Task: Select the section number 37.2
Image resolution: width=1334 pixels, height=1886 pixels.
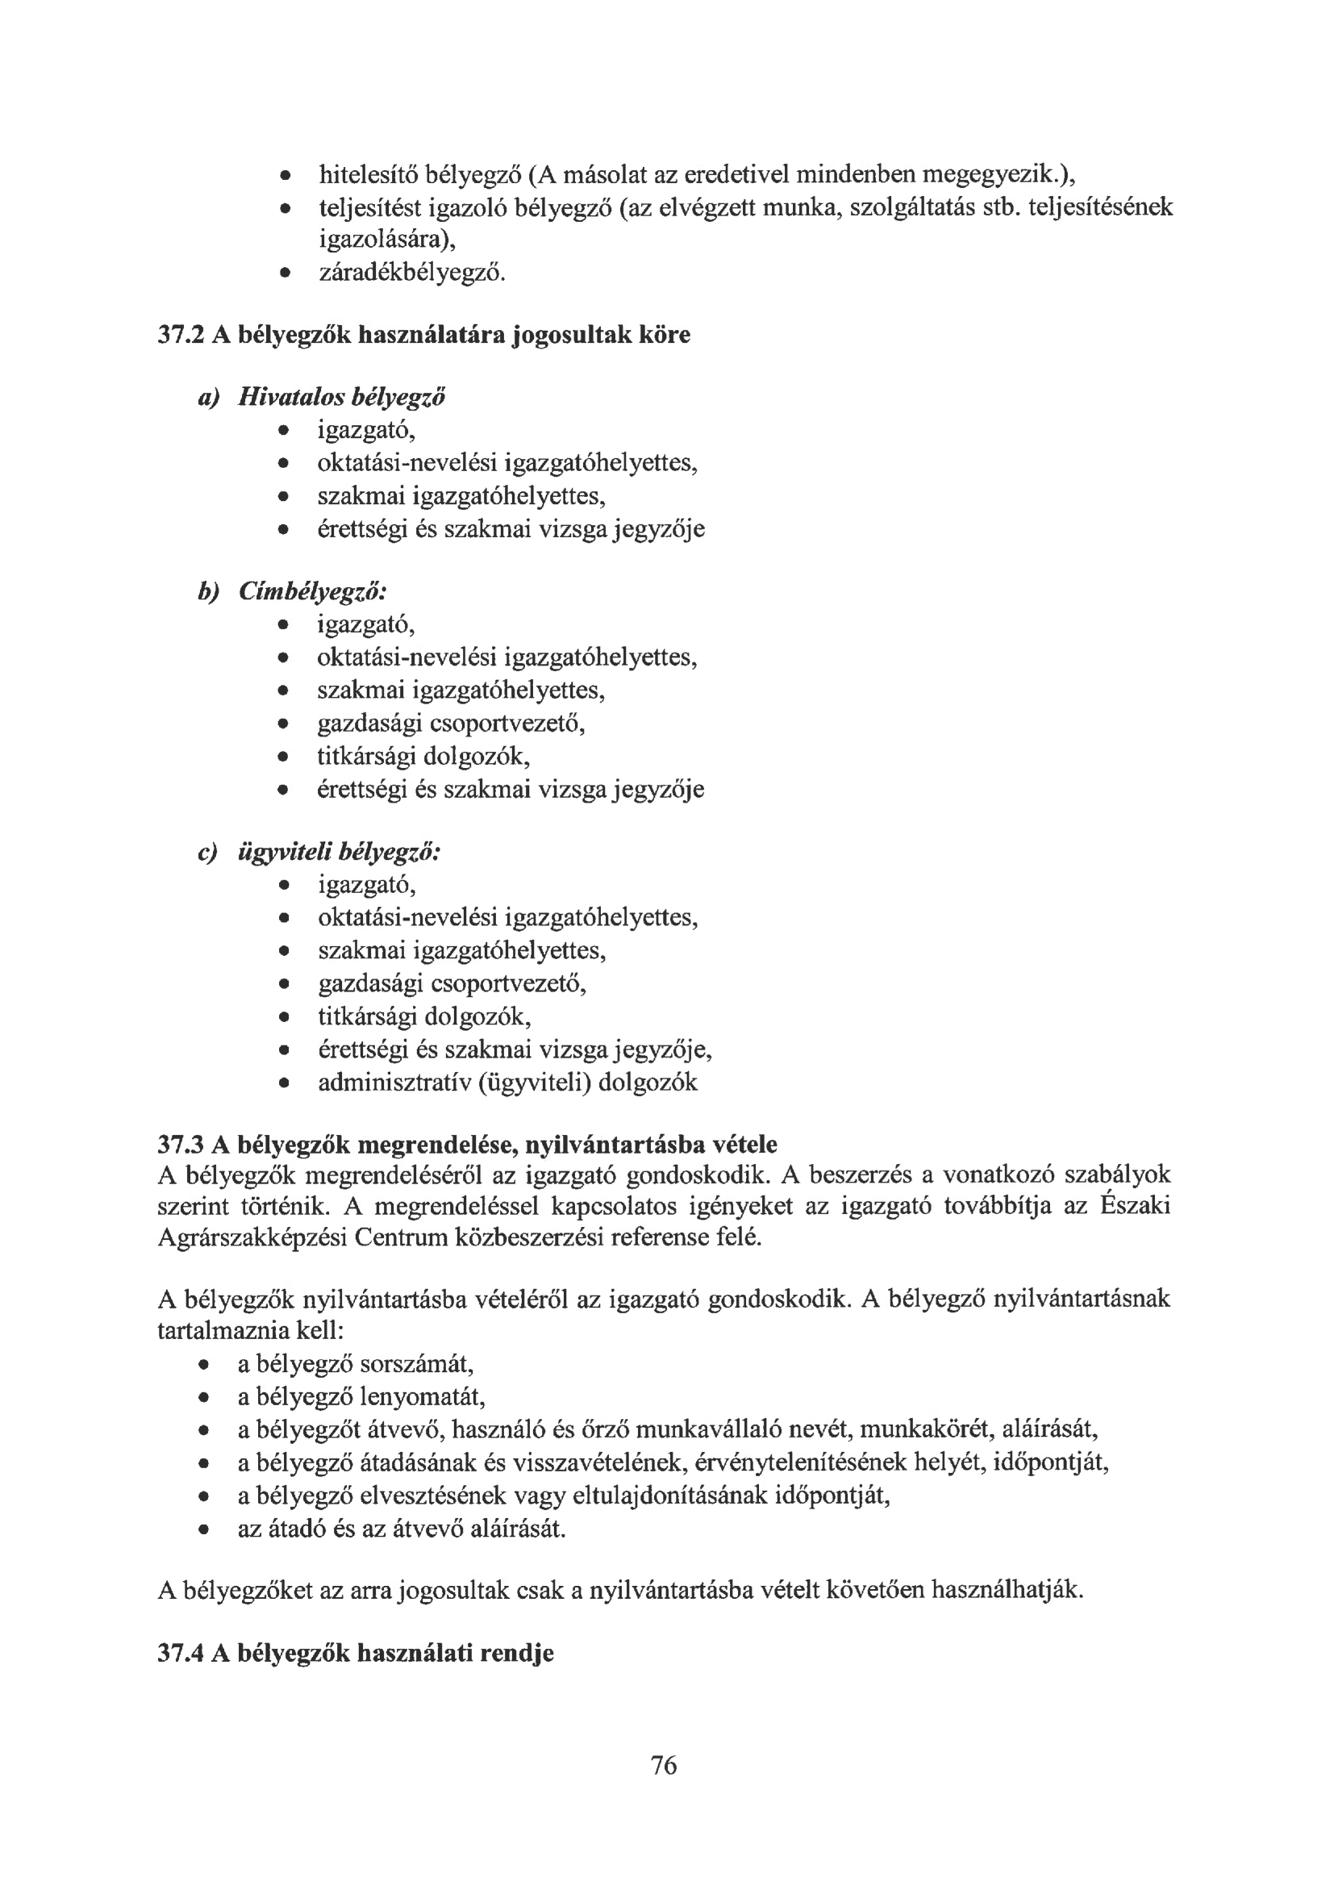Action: (181, 335)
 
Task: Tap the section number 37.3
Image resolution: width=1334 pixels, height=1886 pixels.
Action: (181, 1143)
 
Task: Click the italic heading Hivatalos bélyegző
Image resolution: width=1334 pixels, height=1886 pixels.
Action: (342, 398)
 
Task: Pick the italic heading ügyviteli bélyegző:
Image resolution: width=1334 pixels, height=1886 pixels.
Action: (340, 853)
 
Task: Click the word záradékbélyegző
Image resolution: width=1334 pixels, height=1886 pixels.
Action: (411, 272)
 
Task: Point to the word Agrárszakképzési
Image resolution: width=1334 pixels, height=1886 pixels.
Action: (252, 1237)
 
